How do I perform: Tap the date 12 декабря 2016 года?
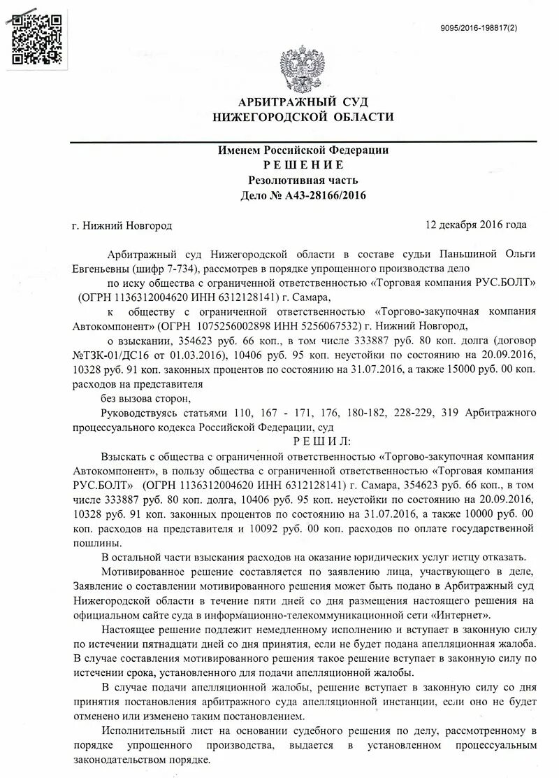click(475, 225)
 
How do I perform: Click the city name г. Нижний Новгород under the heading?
click(122, 225)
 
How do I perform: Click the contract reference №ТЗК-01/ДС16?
click(115, 355)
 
